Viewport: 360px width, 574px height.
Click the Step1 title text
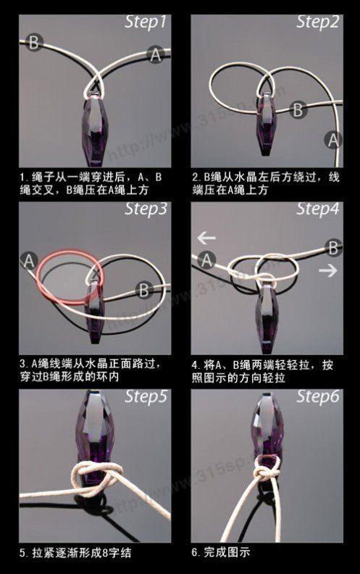146,22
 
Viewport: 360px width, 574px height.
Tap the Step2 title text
317,22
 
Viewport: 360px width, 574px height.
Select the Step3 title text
146,209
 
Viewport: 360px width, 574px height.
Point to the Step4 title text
317,209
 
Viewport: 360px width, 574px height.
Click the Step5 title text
146,396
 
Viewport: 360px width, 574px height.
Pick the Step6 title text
317,396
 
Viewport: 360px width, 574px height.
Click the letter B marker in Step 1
34,43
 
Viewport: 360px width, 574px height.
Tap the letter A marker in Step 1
156,55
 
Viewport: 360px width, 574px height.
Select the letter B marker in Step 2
298,109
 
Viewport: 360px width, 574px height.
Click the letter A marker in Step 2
333,140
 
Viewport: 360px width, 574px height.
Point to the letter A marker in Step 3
28,261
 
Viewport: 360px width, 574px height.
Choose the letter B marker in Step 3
143,290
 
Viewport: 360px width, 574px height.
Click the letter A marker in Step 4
206,260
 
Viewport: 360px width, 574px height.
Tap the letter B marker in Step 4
333,248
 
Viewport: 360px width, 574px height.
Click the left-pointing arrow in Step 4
206,238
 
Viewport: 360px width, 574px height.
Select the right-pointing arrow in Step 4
328,270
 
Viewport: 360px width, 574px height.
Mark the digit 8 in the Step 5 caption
105,552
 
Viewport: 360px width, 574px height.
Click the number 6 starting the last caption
195,552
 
